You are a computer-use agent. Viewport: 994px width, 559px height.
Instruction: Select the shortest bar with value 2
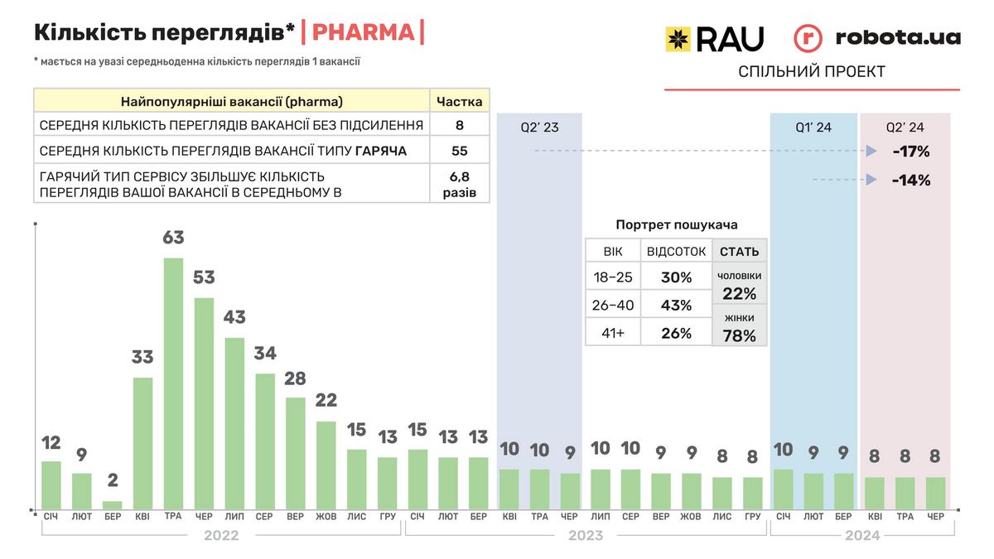pos(113,504)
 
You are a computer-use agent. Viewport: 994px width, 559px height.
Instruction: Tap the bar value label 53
pos(204,277)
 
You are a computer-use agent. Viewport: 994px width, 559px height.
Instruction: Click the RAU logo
pos(714,38)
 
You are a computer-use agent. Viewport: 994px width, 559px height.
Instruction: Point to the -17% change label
pos(910,152)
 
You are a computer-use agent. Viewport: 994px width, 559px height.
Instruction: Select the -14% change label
pos(910,180)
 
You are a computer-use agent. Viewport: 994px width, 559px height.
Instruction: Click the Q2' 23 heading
pos(539,128)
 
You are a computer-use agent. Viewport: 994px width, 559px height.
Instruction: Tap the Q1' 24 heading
pos(813,128)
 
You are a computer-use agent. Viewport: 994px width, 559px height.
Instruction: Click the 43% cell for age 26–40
pos(676,306)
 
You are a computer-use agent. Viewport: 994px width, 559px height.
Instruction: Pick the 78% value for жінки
pos(739,335)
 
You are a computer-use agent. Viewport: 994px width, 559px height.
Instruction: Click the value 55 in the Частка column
pos(460,151)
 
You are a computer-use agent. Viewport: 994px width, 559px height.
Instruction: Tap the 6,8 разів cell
pos(460,184)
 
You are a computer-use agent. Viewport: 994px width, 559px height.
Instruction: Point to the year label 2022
pos(221,536)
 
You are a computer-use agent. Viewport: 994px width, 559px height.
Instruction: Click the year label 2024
pos(862,536)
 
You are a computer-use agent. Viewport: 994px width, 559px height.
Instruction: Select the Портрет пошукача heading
pos(677,224)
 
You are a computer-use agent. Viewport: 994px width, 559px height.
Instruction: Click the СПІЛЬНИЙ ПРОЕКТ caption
pos(812,72)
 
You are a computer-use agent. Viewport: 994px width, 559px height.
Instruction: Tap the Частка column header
pos(460,102)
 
